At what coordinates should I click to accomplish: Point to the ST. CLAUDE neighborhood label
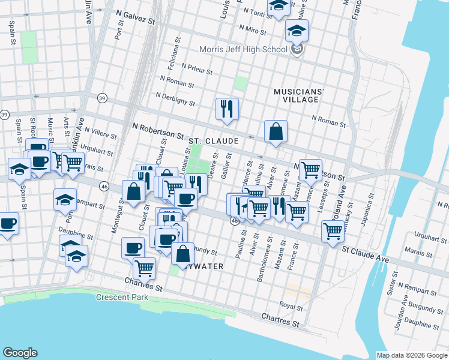pyautogui.click(x=214, y=141)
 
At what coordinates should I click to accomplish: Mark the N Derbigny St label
pyautogui.click(x=175, y=99)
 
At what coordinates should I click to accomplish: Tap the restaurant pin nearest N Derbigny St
pyautogui.click(x=227, y=109)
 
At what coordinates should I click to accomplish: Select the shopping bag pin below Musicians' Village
pyautogui.click(x=276, y=131)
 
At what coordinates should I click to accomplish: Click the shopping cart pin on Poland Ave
pyautogui.click(x=333, y=230)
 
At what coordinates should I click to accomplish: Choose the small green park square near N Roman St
pyautogui.click(x=241, y=83)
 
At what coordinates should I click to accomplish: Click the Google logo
pyautogui.click(x=20, y=353)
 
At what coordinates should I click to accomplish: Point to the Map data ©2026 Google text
pyautogui.click(x=412, y=355)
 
